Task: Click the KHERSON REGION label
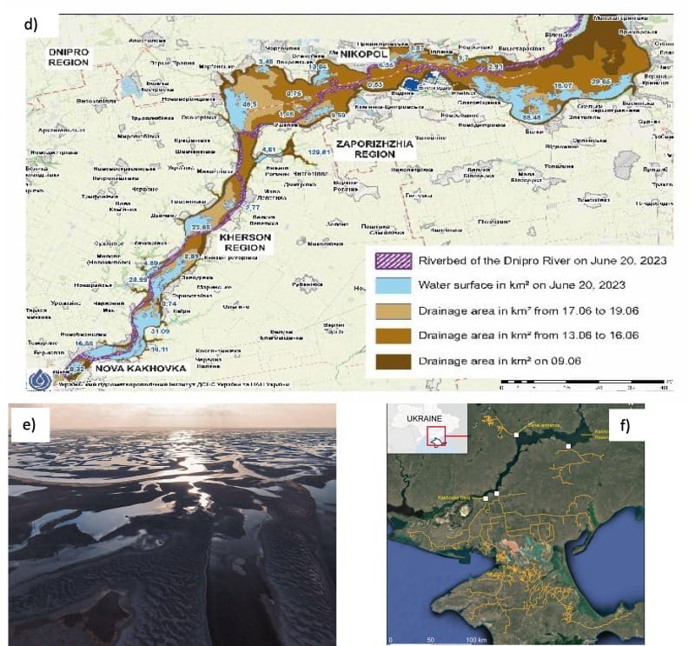[x=246, y=242]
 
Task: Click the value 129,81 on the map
[x=322, y=154]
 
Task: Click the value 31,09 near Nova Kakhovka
[x=160, y=332]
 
